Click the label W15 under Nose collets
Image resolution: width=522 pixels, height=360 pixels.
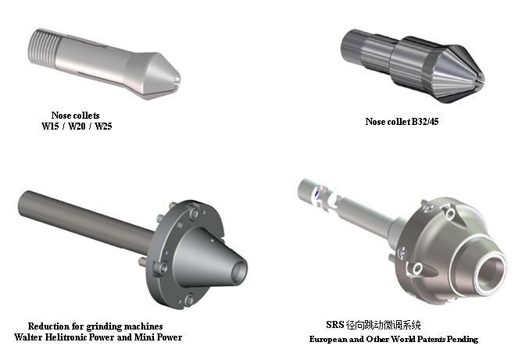[50, 126]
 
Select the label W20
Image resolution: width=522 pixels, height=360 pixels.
[77, 126]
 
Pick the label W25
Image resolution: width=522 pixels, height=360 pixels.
[103, 126]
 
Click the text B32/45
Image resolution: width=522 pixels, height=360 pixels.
[425, 122]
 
